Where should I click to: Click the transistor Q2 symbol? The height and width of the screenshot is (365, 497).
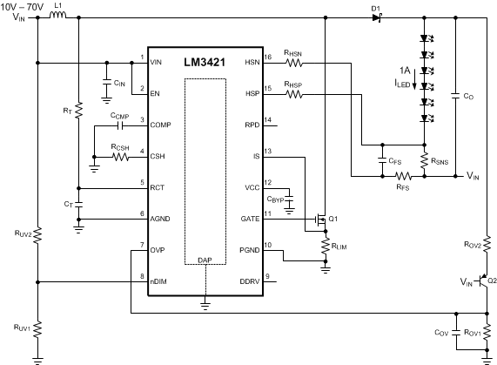(x=482, y=282)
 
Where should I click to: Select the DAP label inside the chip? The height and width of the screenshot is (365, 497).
(x=205, y=260)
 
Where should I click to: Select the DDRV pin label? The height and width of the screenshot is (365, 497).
(x=250, y=281)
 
